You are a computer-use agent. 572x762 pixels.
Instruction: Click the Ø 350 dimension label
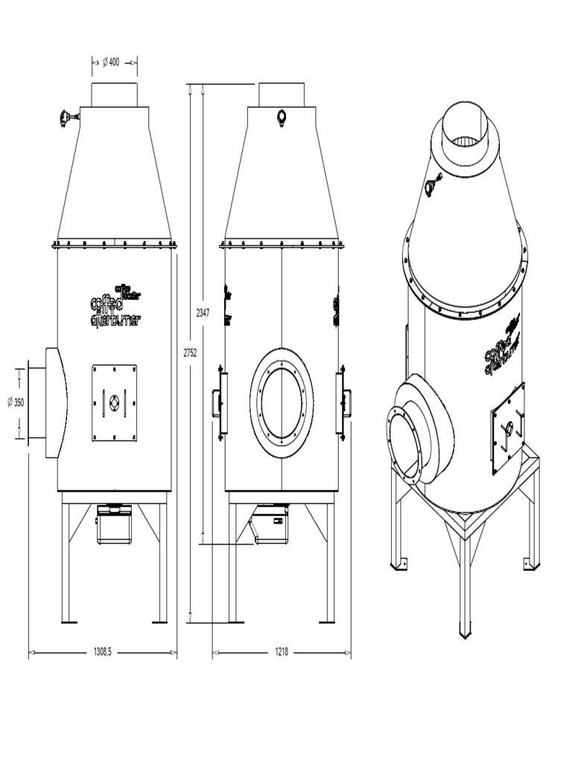tap(16, 402)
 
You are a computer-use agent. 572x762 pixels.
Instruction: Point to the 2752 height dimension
tap(190, 353)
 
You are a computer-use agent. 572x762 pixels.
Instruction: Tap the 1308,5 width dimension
tap(103, 652)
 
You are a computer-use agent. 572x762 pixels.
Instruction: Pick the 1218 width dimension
tap(281, 652)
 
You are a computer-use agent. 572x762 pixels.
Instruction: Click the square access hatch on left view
tap(114, 402)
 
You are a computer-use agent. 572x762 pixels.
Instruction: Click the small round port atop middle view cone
tap(282, 117)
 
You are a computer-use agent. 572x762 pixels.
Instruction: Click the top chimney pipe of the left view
tap(114, 95)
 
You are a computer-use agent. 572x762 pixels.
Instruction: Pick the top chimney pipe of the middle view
tap(282, 95)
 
